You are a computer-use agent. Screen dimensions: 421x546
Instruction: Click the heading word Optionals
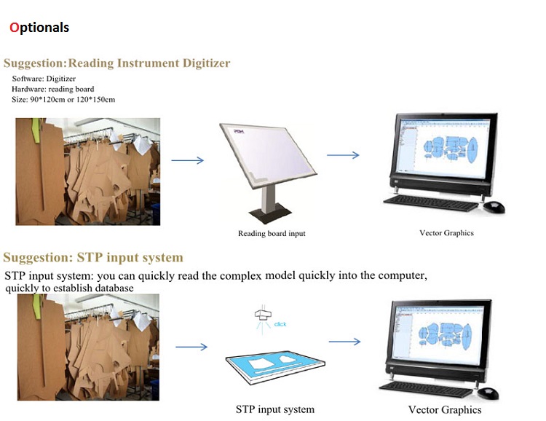pos(39,28)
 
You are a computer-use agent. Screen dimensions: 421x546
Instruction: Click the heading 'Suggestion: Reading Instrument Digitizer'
pos(116,63)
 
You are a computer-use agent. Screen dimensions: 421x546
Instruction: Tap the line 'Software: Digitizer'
pos(44,78)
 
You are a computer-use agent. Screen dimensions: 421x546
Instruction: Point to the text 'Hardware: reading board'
pos(53,89)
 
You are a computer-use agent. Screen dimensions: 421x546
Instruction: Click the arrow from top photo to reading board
pos(187,160)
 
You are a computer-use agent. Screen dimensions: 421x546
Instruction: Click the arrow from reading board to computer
pos(343,154)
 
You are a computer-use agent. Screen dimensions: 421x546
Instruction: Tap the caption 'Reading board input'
pos(272,234)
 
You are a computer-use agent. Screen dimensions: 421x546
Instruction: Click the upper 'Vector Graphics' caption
pos(446,233)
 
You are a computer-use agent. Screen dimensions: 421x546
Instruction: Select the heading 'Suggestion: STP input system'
pos(93,258)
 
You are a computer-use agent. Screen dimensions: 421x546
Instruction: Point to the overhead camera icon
pos(261,315)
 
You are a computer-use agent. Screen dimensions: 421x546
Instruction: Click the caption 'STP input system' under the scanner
pos(275,409)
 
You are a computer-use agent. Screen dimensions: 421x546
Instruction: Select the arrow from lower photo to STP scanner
pos(191,348)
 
